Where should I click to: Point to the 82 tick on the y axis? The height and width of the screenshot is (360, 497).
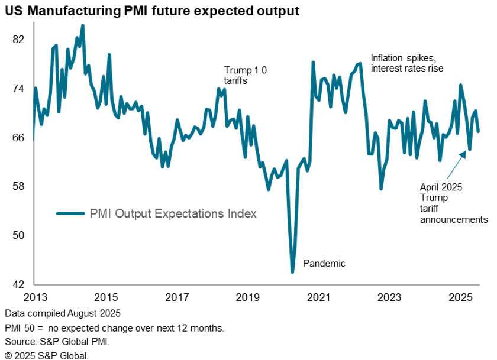pos(18,40)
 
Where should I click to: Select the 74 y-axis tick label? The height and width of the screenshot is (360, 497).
pos(18,89)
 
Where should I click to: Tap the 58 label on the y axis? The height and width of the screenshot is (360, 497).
pos(18,186)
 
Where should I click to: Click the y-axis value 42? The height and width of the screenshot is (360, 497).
pos(18,284)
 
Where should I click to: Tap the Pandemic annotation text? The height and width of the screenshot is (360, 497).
pos(324,264)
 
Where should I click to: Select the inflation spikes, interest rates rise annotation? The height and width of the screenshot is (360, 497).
pos(406,63)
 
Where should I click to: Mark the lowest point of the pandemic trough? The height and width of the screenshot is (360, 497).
pos(292,273)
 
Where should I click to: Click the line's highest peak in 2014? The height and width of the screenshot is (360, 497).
pos(82,25)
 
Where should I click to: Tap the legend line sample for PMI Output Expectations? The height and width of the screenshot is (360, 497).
pos(70,214)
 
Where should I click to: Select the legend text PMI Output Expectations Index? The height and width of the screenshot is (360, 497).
pos(173,214)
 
